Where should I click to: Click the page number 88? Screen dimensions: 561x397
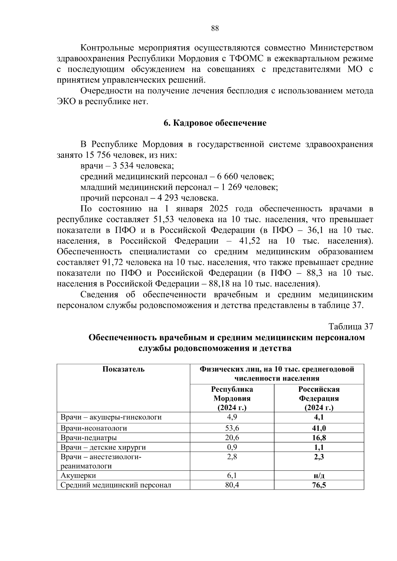(x=215, y=28)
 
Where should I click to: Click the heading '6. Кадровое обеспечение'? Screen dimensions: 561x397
(x=215, y=123)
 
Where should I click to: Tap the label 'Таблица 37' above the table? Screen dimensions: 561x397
(x=351, y=327)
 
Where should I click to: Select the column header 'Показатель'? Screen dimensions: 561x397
(x=123, y=369)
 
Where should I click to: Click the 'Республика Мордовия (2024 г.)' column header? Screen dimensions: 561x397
(x=232, y=398)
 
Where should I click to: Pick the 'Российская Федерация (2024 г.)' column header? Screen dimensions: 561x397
(x=319, y=398)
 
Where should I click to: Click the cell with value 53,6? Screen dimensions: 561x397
(x=232, y=428)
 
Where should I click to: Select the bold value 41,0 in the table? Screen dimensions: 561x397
(x=319, y=428)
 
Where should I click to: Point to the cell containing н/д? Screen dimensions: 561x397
(x=319, y=476)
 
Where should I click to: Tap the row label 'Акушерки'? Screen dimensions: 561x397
(x=78, y=476)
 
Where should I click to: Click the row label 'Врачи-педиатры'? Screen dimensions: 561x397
(x=89, y=438)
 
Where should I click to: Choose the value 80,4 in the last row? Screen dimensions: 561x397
(x=232, y=485)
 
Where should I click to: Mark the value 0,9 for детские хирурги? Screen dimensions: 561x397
(x=232, y=448)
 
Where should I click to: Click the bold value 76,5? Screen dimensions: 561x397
(x=319, y=485)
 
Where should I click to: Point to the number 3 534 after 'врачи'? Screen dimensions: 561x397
(x=123, y=166)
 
